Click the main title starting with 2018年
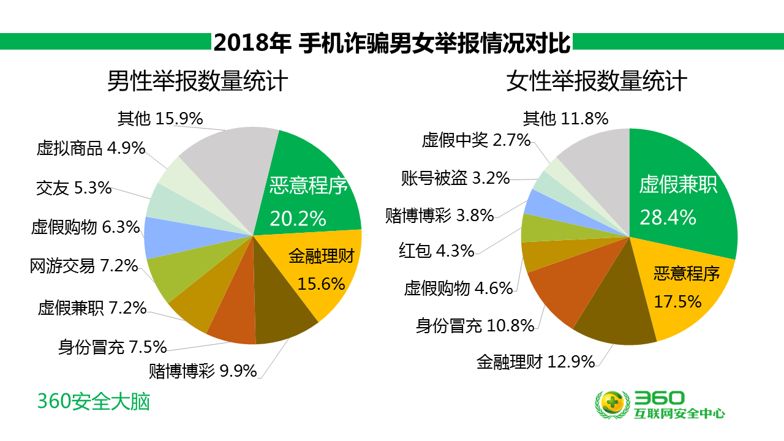pos(392,43)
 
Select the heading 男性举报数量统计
pos(198,81)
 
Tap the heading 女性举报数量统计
pos(597,81)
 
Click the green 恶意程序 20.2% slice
pos(309,196)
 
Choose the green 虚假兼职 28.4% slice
pos(680,196)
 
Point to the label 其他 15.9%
pos(160,118)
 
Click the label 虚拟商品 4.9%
pos(91,148)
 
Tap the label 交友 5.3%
pos(74,188)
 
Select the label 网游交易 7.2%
pos(84,266)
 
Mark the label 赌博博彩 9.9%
pos(203,371)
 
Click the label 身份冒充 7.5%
pos(113,347)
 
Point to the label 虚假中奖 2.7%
pos(476,140)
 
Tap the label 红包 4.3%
pos(437,251)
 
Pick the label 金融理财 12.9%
pos(536,362)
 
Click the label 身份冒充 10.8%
pos(475,326)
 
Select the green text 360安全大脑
pos(94,402)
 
